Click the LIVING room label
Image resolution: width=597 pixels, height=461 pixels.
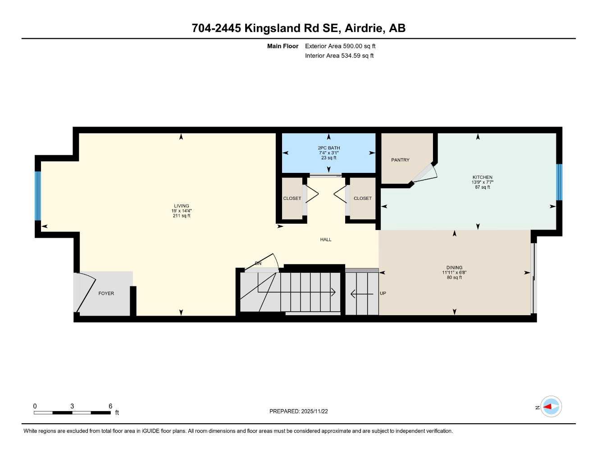(182, 206)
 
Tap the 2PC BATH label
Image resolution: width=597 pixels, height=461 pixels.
(329, 148)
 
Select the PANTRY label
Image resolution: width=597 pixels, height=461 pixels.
(400, 160)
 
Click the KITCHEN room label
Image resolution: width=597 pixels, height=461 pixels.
(482, 177)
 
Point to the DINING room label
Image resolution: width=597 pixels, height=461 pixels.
(454, 267)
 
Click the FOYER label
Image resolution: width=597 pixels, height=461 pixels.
(106, 294)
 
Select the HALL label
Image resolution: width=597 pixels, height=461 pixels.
(326, 240)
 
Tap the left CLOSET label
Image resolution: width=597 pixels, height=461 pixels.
(292, 199)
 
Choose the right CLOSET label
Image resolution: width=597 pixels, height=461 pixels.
(363, 199)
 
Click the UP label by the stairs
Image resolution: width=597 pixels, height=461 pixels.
(383, 294)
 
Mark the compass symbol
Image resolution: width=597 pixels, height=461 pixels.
(551, 407)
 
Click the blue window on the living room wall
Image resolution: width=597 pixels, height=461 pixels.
(38, 196)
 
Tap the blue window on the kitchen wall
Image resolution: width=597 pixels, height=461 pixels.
(559, 182)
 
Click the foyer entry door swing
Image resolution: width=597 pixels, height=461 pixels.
(86, 293)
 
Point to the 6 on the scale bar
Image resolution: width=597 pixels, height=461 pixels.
(110, 406)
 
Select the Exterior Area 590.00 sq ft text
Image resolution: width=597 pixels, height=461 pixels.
(340, 46)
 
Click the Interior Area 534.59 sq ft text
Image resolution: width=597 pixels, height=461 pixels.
(339, 56)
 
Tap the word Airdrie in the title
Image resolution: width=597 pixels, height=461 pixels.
(364, 28)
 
